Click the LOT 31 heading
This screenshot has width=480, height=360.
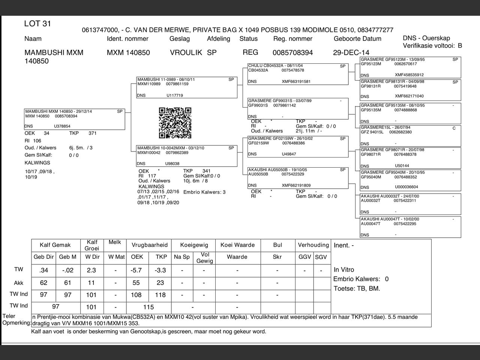coord(37,24)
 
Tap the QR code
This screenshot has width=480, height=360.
coord(175,123)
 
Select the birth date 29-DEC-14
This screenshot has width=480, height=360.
coord(351,52)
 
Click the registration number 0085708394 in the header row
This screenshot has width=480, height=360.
coord(292,52)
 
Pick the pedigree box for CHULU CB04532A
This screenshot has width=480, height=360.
coord(298,74)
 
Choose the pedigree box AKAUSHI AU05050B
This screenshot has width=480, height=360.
coord(298,178)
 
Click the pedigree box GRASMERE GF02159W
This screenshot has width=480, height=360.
coord(298,147)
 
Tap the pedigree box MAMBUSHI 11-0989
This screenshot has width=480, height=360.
coord(187,87)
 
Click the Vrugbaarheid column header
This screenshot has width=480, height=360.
coord(149,245)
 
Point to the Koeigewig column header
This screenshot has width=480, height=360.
coord(194,245)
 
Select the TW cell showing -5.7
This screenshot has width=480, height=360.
coord(136,270)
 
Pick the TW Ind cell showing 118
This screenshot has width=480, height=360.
coord(160,295)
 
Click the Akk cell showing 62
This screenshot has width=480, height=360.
coord(43,283)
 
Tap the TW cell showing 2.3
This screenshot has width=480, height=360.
coord(91,270)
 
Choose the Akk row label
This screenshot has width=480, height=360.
coord(19,283)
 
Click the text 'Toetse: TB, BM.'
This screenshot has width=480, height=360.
coord(357,288)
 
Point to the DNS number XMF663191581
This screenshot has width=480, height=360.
coord(296,81)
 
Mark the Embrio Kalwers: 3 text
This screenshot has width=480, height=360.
coord(204,192)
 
